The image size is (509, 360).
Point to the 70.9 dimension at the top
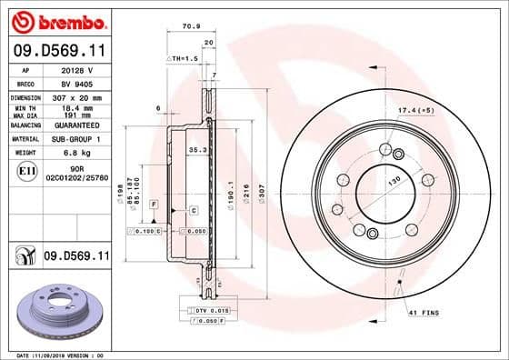[x=191, y=27]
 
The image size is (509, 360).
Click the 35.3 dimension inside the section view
[x=195, y=148]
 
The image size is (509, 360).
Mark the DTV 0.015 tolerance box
[x=206, y=312]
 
